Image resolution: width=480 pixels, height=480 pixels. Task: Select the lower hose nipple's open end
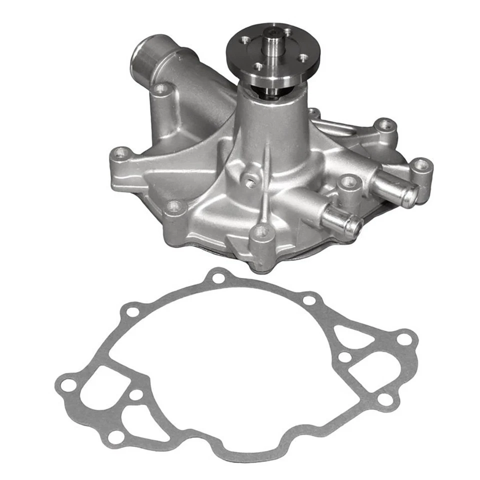[x=354, y=227]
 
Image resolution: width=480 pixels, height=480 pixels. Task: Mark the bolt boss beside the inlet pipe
[x=161, y=90]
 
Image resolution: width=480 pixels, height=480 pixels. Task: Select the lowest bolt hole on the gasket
[x=115, y=436]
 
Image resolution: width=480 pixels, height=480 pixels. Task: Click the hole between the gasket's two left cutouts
[x=135, y=394]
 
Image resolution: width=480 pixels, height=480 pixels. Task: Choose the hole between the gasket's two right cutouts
[x=344, y=357]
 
